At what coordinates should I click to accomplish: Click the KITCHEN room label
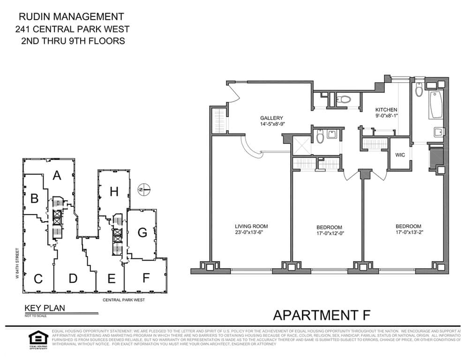(x=386, y=110)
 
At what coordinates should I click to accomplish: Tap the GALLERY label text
(x=272, y=118)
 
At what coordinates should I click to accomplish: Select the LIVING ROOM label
(x=251, y=226)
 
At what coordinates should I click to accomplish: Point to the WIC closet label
(x=400, y=155)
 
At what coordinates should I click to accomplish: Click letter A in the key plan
(x=57, y=175)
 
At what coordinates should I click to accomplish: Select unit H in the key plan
(x=113, y=191)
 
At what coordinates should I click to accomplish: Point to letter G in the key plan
(x=143, y=232)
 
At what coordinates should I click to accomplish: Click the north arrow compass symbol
(x=144, y=190)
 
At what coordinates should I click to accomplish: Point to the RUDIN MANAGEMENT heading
(x=71, y=17)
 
